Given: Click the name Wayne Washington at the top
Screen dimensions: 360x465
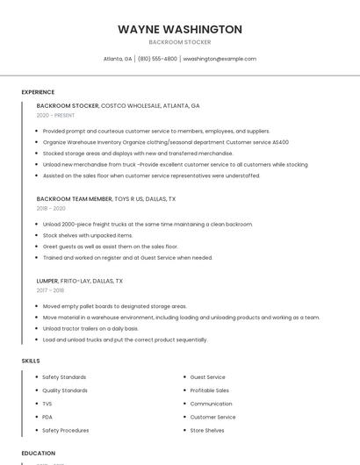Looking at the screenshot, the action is click(x=180, y=29).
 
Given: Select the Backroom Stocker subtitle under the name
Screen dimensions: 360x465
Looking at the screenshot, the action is click(x=180, y=42).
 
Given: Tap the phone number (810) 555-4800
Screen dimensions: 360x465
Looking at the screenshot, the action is click(x=157, y=59).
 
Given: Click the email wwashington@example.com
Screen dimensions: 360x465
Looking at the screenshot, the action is click(x=220, y=59).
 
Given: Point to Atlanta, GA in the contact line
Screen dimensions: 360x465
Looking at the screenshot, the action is click(x=118, y=59).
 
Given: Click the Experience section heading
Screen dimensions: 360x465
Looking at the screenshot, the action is click(x=38, y=92).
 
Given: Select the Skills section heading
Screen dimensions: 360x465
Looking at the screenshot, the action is click(x=31, y=361).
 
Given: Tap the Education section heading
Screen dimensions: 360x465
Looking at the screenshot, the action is click(x=39, y=454).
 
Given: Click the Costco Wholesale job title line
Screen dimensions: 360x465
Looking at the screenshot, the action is click(x=118, y=106).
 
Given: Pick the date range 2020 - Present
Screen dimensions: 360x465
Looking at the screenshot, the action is click(x=55, y=116).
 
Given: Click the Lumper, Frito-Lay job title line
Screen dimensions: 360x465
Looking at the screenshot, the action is click(x=80, y=281).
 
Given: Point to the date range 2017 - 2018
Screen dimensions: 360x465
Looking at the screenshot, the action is click(x=50, y=290).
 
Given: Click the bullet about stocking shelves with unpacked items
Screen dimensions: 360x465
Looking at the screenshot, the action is click(x=88, y=235).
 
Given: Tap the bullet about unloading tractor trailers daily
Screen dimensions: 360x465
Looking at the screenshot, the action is click(x=90, y=328).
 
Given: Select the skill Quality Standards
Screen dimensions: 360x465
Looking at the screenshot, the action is click(x=65, y=390).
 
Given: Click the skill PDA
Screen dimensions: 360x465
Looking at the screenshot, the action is click(x=47, y=417).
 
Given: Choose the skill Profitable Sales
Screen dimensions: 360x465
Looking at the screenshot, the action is click(x=210, y=390).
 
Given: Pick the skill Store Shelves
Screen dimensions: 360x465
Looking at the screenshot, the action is click(x=207, y=431).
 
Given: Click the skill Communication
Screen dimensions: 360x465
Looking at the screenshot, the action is click(x=212, y=404).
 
